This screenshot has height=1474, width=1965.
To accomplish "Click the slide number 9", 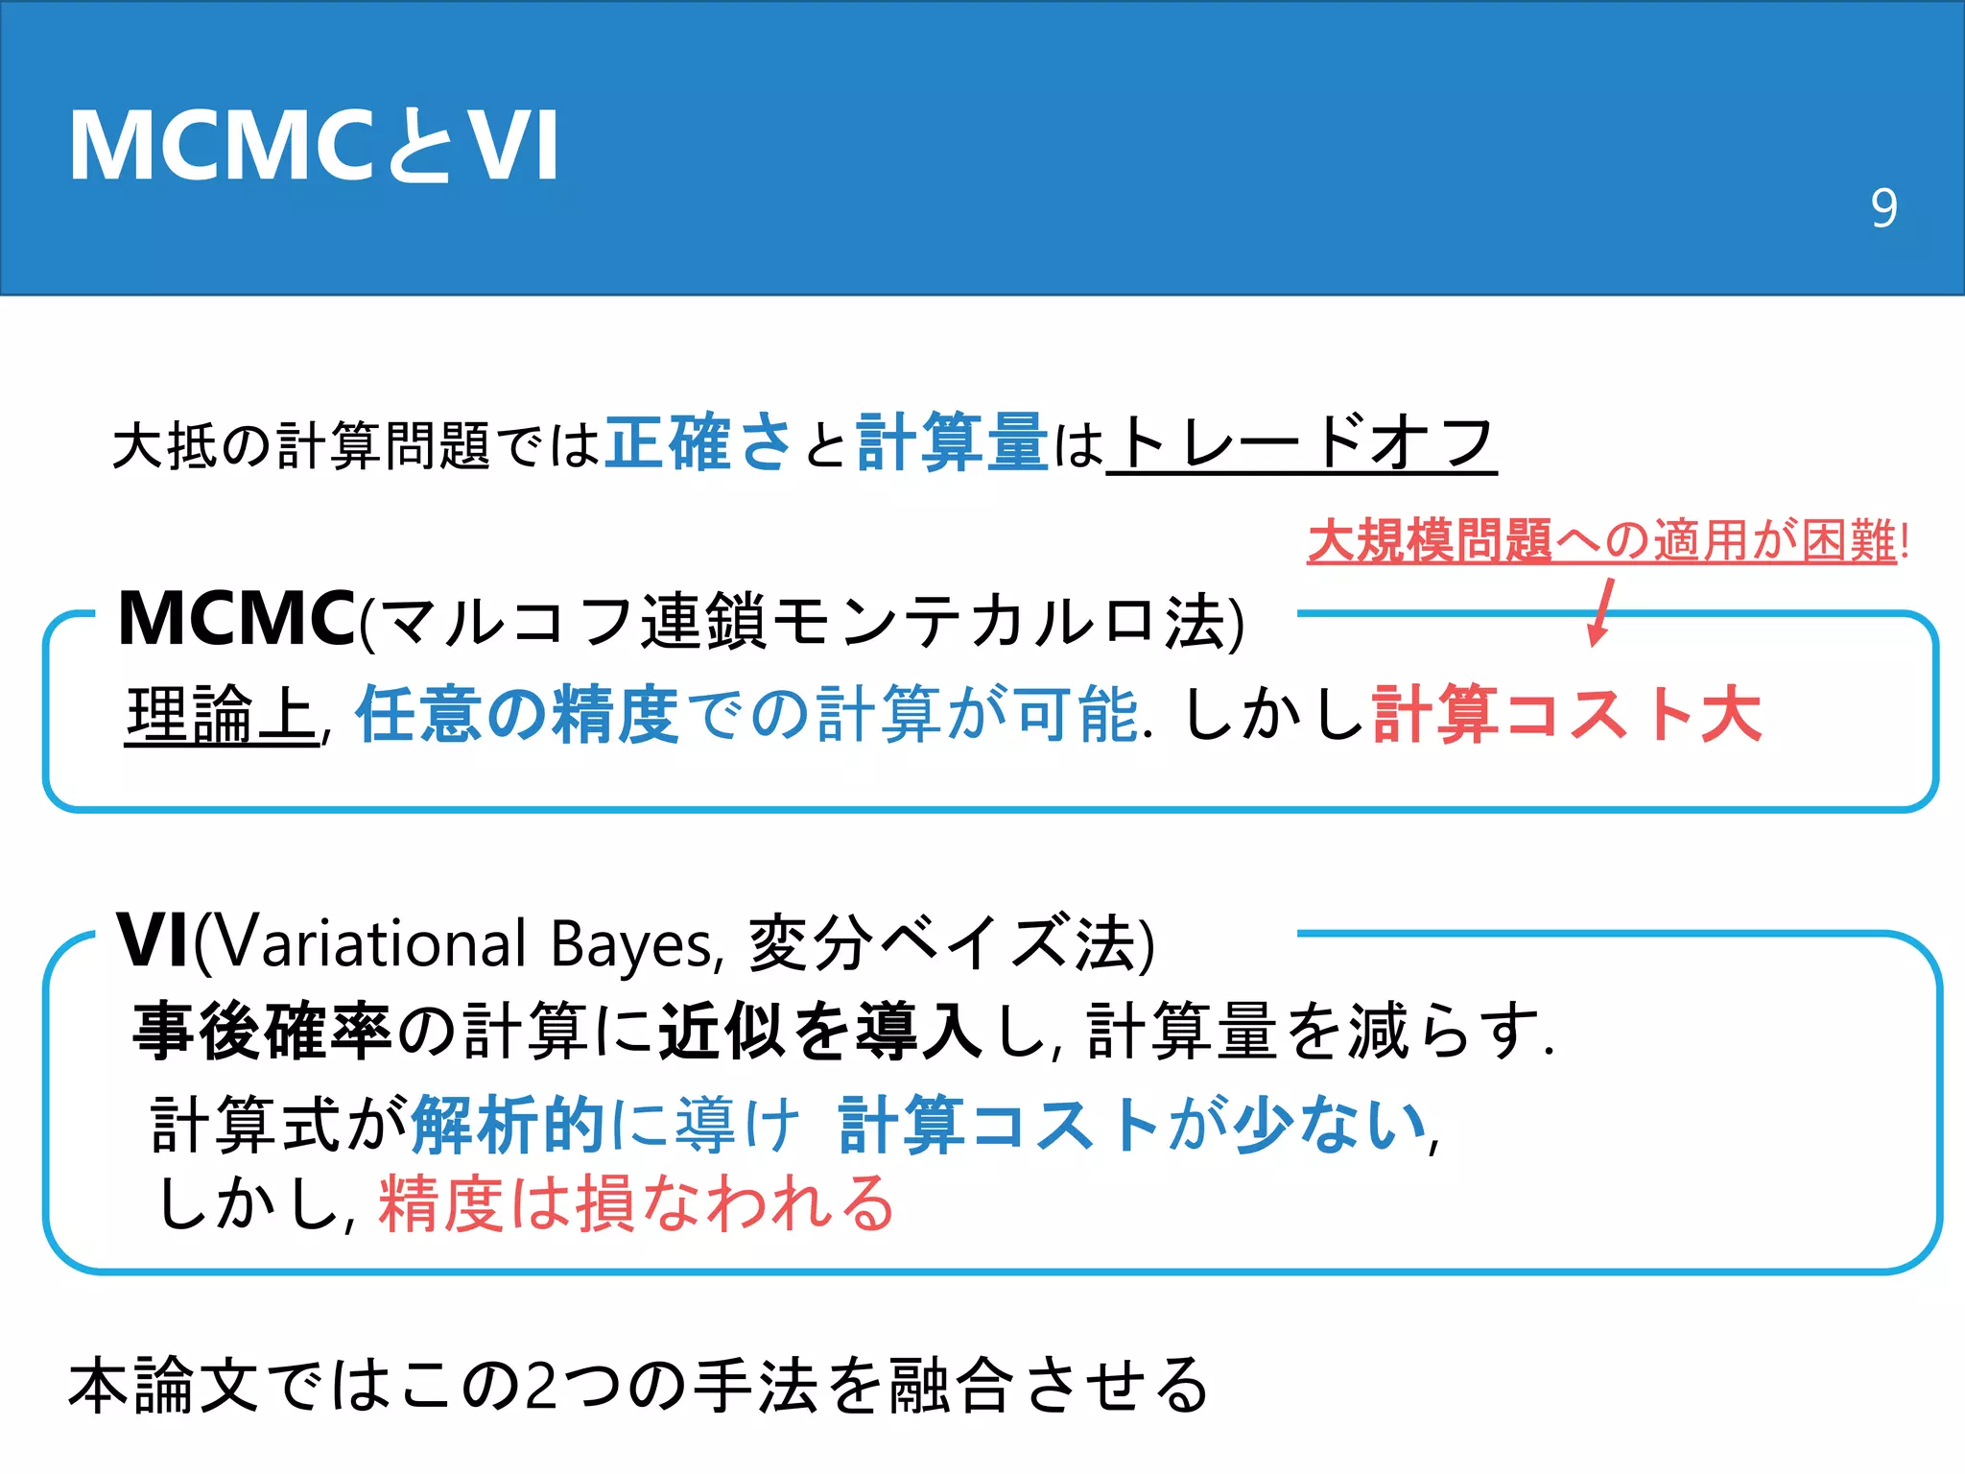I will click(1883, 208).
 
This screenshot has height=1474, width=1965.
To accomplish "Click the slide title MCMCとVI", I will click(315, 146).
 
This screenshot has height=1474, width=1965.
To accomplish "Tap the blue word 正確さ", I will click(698, 443).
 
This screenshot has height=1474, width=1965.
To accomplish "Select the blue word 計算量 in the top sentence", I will click(952, 443).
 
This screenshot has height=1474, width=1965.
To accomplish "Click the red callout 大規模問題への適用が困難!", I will click(1607, 540).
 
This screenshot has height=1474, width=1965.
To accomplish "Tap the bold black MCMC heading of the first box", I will click(236, 619).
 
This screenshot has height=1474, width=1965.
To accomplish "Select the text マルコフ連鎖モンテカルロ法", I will click(801, 622).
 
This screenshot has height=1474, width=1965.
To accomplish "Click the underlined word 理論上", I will click(221, 715).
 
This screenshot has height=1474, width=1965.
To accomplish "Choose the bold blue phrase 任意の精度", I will click(517, 715).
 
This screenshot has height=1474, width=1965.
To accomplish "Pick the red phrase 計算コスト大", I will click(1567, 715).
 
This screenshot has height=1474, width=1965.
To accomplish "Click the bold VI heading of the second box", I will click(153, 941).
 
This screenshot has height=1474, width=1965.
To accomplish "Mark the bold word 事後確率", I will click(262, 1032).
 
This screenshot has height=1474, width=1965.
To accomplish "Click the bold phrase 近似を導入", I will click(820, 1032).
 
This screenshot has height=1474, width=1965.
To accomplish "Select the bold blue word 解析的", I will click(508, 1124).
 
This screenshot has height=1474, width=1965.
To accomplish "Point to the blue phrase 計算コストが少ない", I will click(1132, 1124).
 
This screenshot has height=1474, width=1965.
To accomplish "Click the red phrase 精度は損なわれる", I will click(636, 1203).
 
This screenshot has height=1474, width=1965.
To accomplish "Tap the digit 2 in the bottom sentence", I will click(542, 1386).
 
